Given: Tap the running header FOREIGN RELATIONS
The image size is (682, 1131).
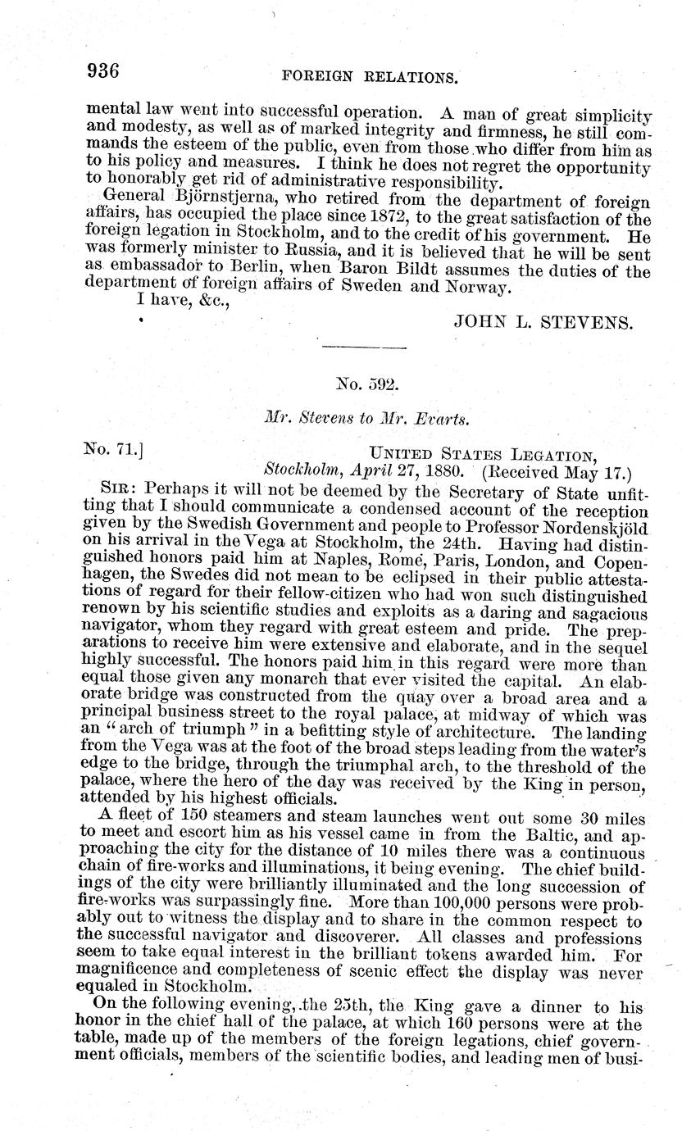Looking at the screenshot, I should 368,77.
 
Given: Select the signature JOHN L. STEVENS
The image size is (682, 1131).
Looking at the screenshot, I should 543,322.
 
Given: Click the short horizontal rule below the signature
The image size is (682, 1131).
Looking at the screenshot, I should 365,349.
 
